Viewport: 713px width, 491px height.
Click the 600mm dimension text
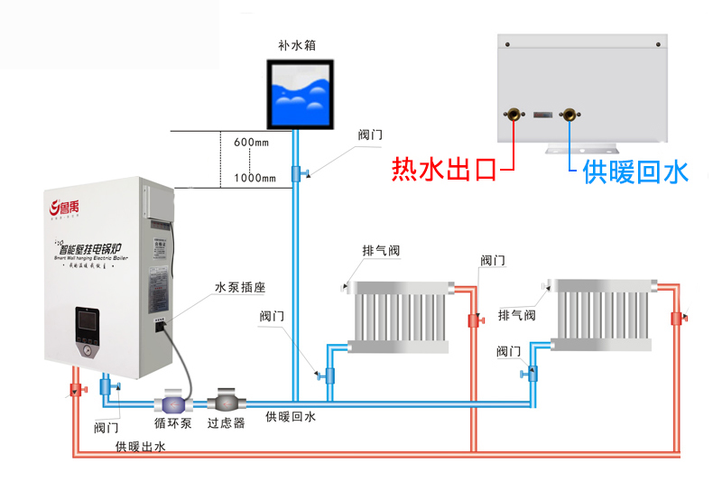click(252, 144)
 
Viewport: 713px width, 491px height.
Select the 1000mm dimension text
click(255, 178)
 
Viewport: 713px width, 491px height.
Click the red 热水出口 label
click(444, 170)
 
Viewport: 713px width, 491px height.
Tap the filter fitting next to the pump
click(224, 400)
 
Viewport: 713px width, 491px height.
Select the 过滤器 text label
click(226, 423)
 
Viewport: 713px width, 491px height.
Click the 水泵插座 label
click(239, 288)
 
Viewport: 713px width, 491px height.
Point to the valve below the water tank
click(297, 172)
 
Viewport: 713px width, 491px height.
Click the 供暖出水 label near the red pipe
click(140, 447)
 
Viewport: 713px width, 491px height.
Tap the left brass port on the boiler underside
click(514, 115)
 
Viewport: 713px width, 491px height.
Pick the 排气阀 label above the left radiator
click(380, 250)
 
